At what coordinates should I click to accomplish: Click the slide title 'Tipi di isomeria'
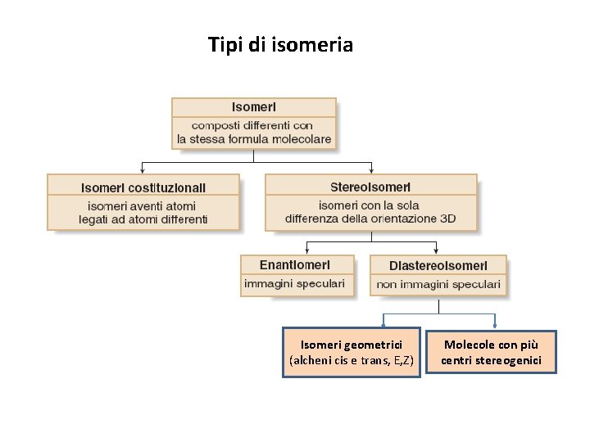click(x=280, y=44)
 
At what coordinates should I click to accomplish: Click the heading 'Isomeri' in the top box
click(x=254, y=107)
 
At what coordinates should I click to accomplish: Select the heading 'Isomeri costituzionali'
click(x=143, y=187)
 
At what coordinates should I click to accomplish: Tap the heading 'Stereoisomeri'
click(x=370, y=187)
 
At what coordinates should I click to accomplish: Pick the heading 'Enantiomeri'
click(x=295, y=265)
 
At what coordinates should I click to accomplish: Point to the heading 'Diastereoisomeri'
click(x=438, y=265)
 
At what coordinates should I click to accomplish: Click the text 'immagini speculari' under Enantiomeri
click(x=295, y=284)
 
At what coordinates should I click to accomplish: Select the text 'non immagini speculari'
click(x=438, y=284)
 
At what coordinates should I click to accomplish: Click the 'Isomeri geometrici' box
click(x=352, y=353)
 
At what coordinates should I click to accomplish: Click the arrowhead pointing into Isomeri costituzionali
click(x=143, y=170)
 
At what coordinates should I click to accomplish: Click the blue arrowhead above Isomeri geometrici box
click(x=383, y=326)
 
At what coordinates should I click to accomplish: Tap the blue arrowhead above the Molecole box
click(x=495, y=326)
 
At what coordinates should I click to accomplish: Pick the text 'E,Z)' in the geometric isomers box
click(x=403, y=360)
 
